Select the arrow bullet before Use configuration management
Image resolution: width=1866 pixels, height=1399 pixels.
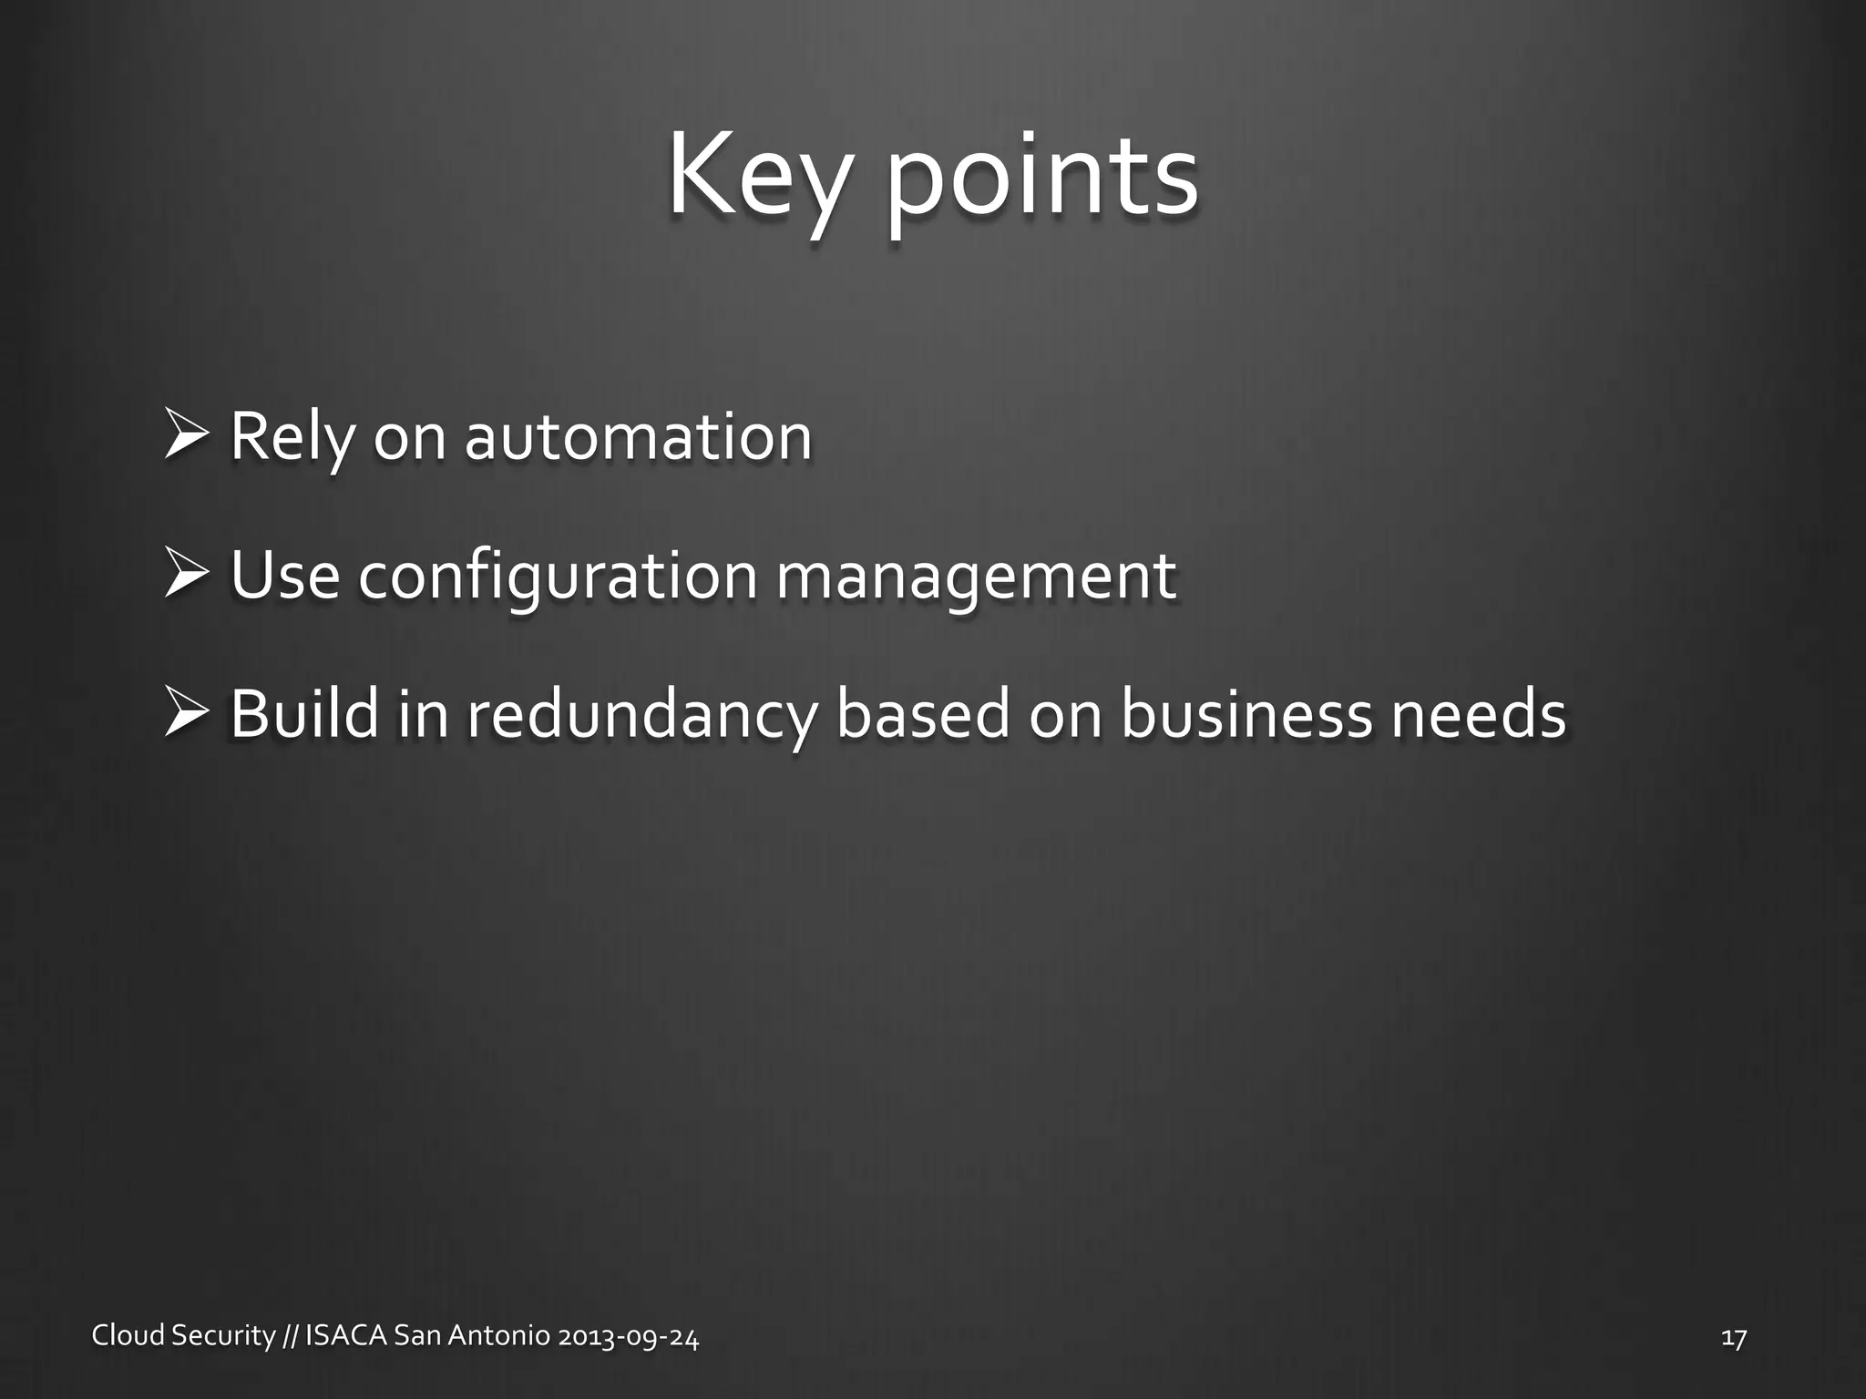pos(189,576)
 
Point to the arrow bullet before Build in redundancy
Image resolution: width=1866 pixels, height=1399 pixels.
pos(189,714)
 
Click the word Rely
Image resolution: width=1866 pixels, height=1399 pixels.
pos(291,438)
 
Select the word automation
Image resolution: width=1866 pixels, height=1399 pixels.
pos(638,436)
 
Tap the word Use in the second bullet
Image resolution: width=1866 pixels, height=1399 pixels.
pos(285,576)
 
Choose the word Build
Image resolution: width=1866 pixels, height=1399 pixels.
pos(303,714)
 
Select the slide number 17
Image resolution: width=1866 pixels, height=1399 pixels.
pos(1733,1337)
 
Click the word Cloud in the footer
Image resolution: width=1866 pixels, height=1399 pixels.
pos(128,1336)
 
